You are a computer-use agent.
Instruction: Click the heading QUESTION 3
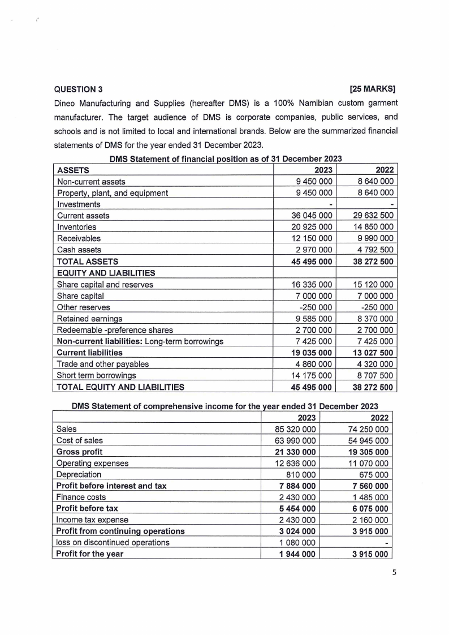tap(78, 89)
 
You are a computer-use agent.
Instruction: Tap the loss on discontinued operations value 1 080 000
tap(296, 543)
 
